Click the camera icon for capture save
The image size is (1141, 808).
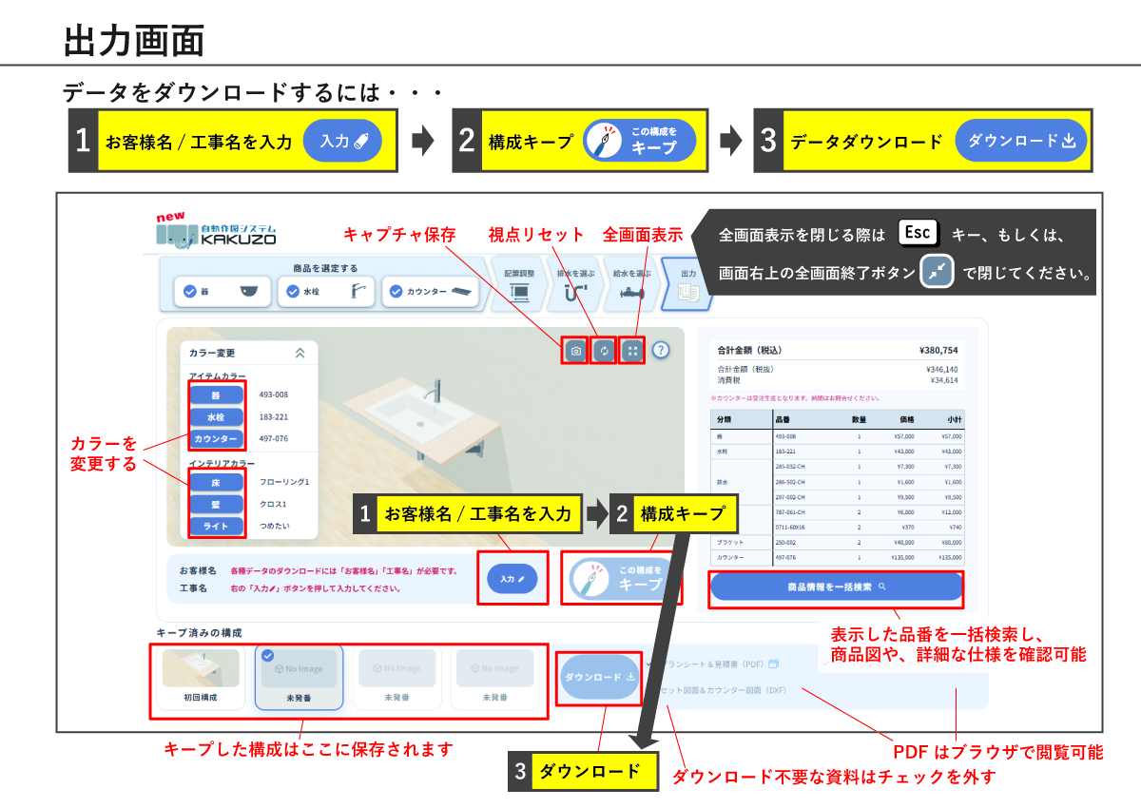click(575, 351)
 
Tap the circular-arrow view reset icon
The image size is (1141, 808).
click(604, 351)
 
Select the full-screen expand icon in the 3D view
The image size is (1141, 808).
click(632, 351)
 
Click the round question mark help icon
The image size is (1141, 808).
click(661, 350)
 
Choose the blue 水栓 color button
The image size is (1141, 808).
click(217, 416)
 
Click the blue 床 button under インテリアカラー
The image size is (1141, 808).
click(217, 482)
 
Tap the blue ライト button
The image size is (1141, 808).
click(217, 526)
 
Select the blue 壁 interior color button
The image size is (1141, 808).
click(217, 504)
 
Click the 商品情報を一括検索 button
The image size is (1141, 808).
click(836, 587)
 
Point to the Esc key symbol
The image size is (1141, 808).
click(918, 233)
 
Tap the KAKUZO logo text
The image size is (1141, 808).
click(238, 240)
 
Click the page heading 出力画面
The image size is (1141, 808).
click(134, 40)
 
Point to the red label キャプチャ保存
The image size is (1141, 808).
click(399, 235)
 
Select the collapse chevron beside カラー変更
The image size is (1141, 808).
click(300, 353)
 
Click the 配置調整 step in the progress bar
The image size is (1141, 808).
click(519, 283)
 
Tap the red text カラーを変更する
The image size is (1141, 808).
click(104, 453)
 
